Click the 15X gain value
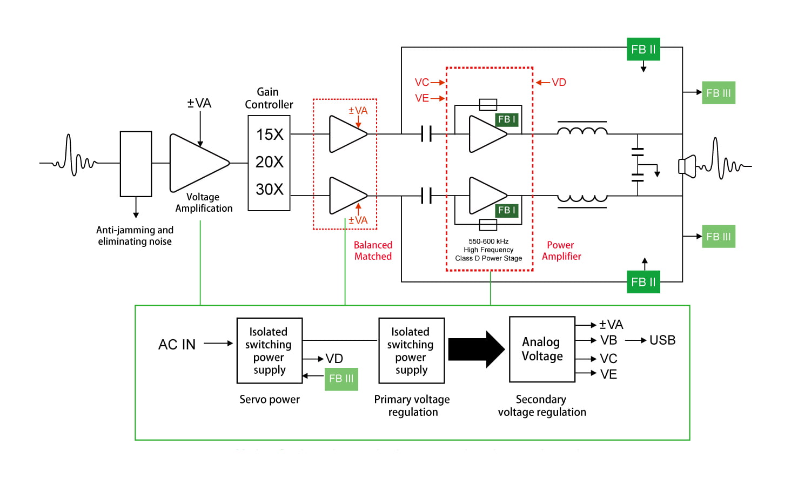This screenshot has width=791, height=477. pos(270,134)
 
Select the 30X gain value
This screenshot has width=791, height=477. pos(270,189)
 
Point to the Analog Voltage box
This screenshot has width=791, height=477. pos(542,350)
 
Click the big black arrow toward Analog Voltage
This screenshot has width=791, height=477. pos(476,350)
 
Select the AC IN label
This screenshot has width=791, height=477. pos(177,344)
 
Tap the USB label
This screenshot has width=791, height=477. pos(662,340)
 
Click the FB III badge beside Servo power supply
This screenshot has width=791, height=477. pos(341,379)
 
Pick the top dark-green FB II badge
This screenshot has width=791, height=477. pos(643,49)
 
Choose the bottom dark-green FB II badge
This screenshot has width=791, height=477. pos(643,282)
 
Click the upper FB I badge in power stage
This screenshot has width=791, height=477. pos(507,119)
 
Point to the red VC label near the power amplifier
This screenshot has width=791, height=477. pos(421,82)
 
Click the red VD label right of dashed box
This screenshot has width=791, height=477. pos(559,82)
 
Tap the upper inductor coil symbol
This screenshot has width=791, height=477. pos(582,130)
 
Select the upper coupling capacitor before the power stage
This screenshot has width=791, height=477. pos(426,133)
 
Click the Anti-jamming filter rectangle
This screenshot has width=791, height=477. pos(136,164)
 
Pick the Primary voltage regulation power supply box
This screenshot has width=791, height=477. pos(411,351)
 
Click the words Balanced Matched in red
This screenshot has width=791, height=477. pos(373,251)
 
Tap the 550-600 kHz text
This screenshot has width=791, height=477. pos(488,241)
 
